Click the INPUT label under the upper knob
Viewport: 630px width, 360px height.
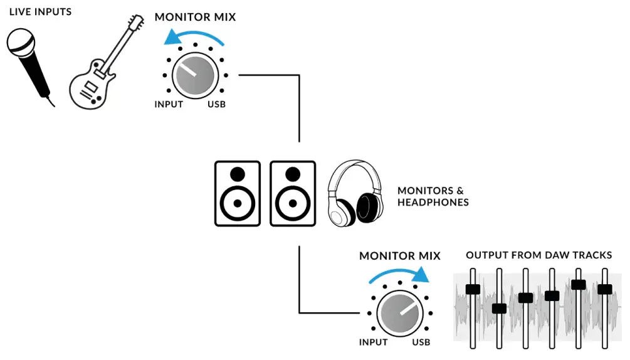(169, 104)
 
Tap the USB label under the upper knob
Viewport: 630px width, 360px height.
(216, 104)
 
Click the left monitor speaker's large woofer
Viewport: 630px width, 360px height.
(238, 203)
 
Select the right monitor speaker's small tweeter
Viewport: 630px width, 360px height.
(292, 174)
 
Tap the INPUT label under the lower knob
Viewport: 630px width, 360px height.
(374, 342)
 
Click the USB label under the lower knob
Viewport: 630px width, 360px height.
(421, 342)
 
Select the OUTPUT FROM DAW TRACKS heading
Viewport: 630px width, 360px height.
(538, 255)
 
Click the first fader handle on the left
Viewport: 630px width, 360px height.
(473, 289)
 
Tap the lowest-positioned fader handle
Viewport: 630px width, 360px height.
(499, 308)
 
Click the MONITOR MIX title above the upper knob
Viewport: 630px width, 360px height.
(195, 17)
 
